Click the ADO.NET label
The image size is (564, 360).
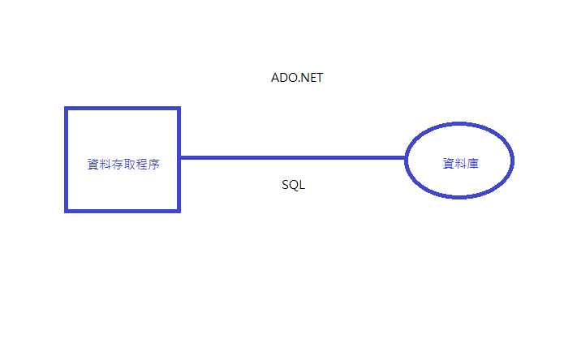coord(297,78)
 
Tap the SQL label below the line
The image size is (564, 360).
coord(293,185)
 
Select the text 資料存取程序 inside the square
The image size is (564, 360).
coord(123,164)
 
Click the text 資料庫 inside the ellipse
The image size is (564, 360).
coord(460,164)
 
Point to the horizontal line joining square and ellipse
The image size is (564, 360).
coord(292,157)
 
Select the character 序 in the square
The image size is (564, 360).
coord(153,164)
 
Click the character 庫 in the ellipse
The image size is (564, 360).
coord(472,164)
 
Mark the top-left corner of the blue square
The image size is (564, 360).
coord(67,109)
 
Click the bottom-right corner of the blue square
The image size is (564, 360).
coord(178,210)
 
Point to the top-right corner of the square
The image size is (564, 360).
coord(178,109)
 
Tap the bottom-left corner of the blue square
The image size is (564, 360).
coord(67,210)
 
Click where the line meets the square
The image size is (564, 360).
coord(179,157)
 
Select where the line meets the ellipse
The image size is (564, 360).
coord(406,157)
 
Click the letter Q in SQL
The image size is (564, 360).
coord(293,185)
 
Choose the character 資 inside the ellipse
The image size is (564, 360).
coord(448,164)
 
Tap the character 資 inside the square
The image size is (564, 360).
coord(93,164)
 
